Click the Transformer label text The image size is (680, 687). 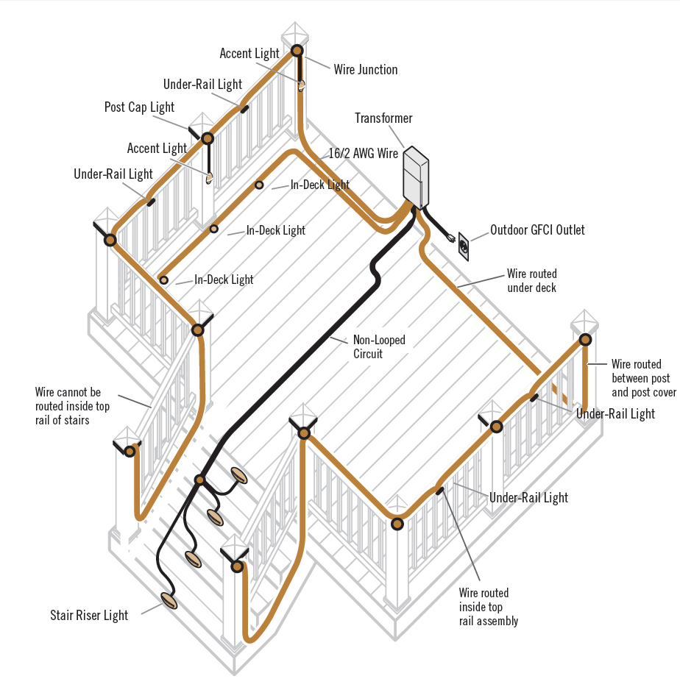tap(383, 118)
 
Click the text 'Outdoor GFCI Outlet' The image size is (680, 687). tap(537, 230)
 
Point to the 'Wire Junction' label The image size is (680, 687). tap(366, 70)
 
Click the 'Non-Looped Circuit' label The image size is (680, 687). tap(379, 346)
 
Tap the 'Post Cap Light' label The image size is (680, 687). tap(139, 107)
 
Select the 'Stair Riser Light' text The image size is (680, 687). tap(89, 616)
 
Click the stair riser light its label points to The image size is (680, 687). tap(170, 600)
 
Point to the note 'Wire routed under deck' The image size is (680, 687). tap(532, 281)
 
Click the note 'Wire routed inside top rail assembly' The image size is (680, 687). tap(488, 607)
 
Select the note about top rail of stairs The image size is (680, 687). tap(72, 406)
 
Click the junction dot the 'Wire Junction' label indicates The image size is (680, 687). tap(297, 51)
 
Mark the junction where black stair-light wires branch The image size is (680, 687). tap(199, 480)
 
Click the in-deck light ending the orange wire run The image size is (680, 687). tap(163, 280)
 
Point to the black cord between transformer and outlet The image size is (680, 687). tap(436, 223)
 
